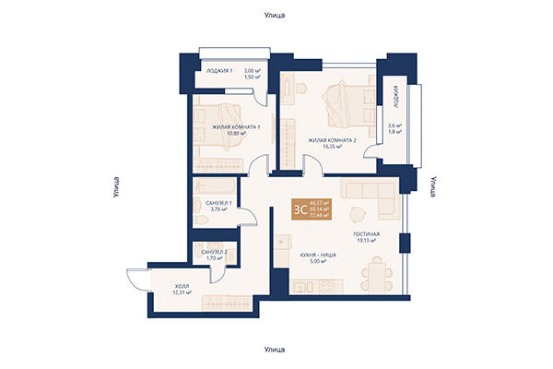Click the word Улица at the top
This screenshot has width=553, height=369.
tap(276, 16)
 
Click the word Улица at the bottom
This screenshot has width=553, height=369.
tap(276, 351)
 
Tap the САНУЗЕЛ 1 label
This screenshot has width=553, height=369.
tap(218, 202)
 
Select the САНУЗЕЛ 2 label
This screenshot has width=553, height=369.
tap(214, 252)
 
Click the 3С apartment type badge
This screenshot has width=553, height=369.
tap(300, 208)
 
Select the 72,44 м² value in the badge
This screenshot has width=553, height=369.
tap(320, 216)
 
